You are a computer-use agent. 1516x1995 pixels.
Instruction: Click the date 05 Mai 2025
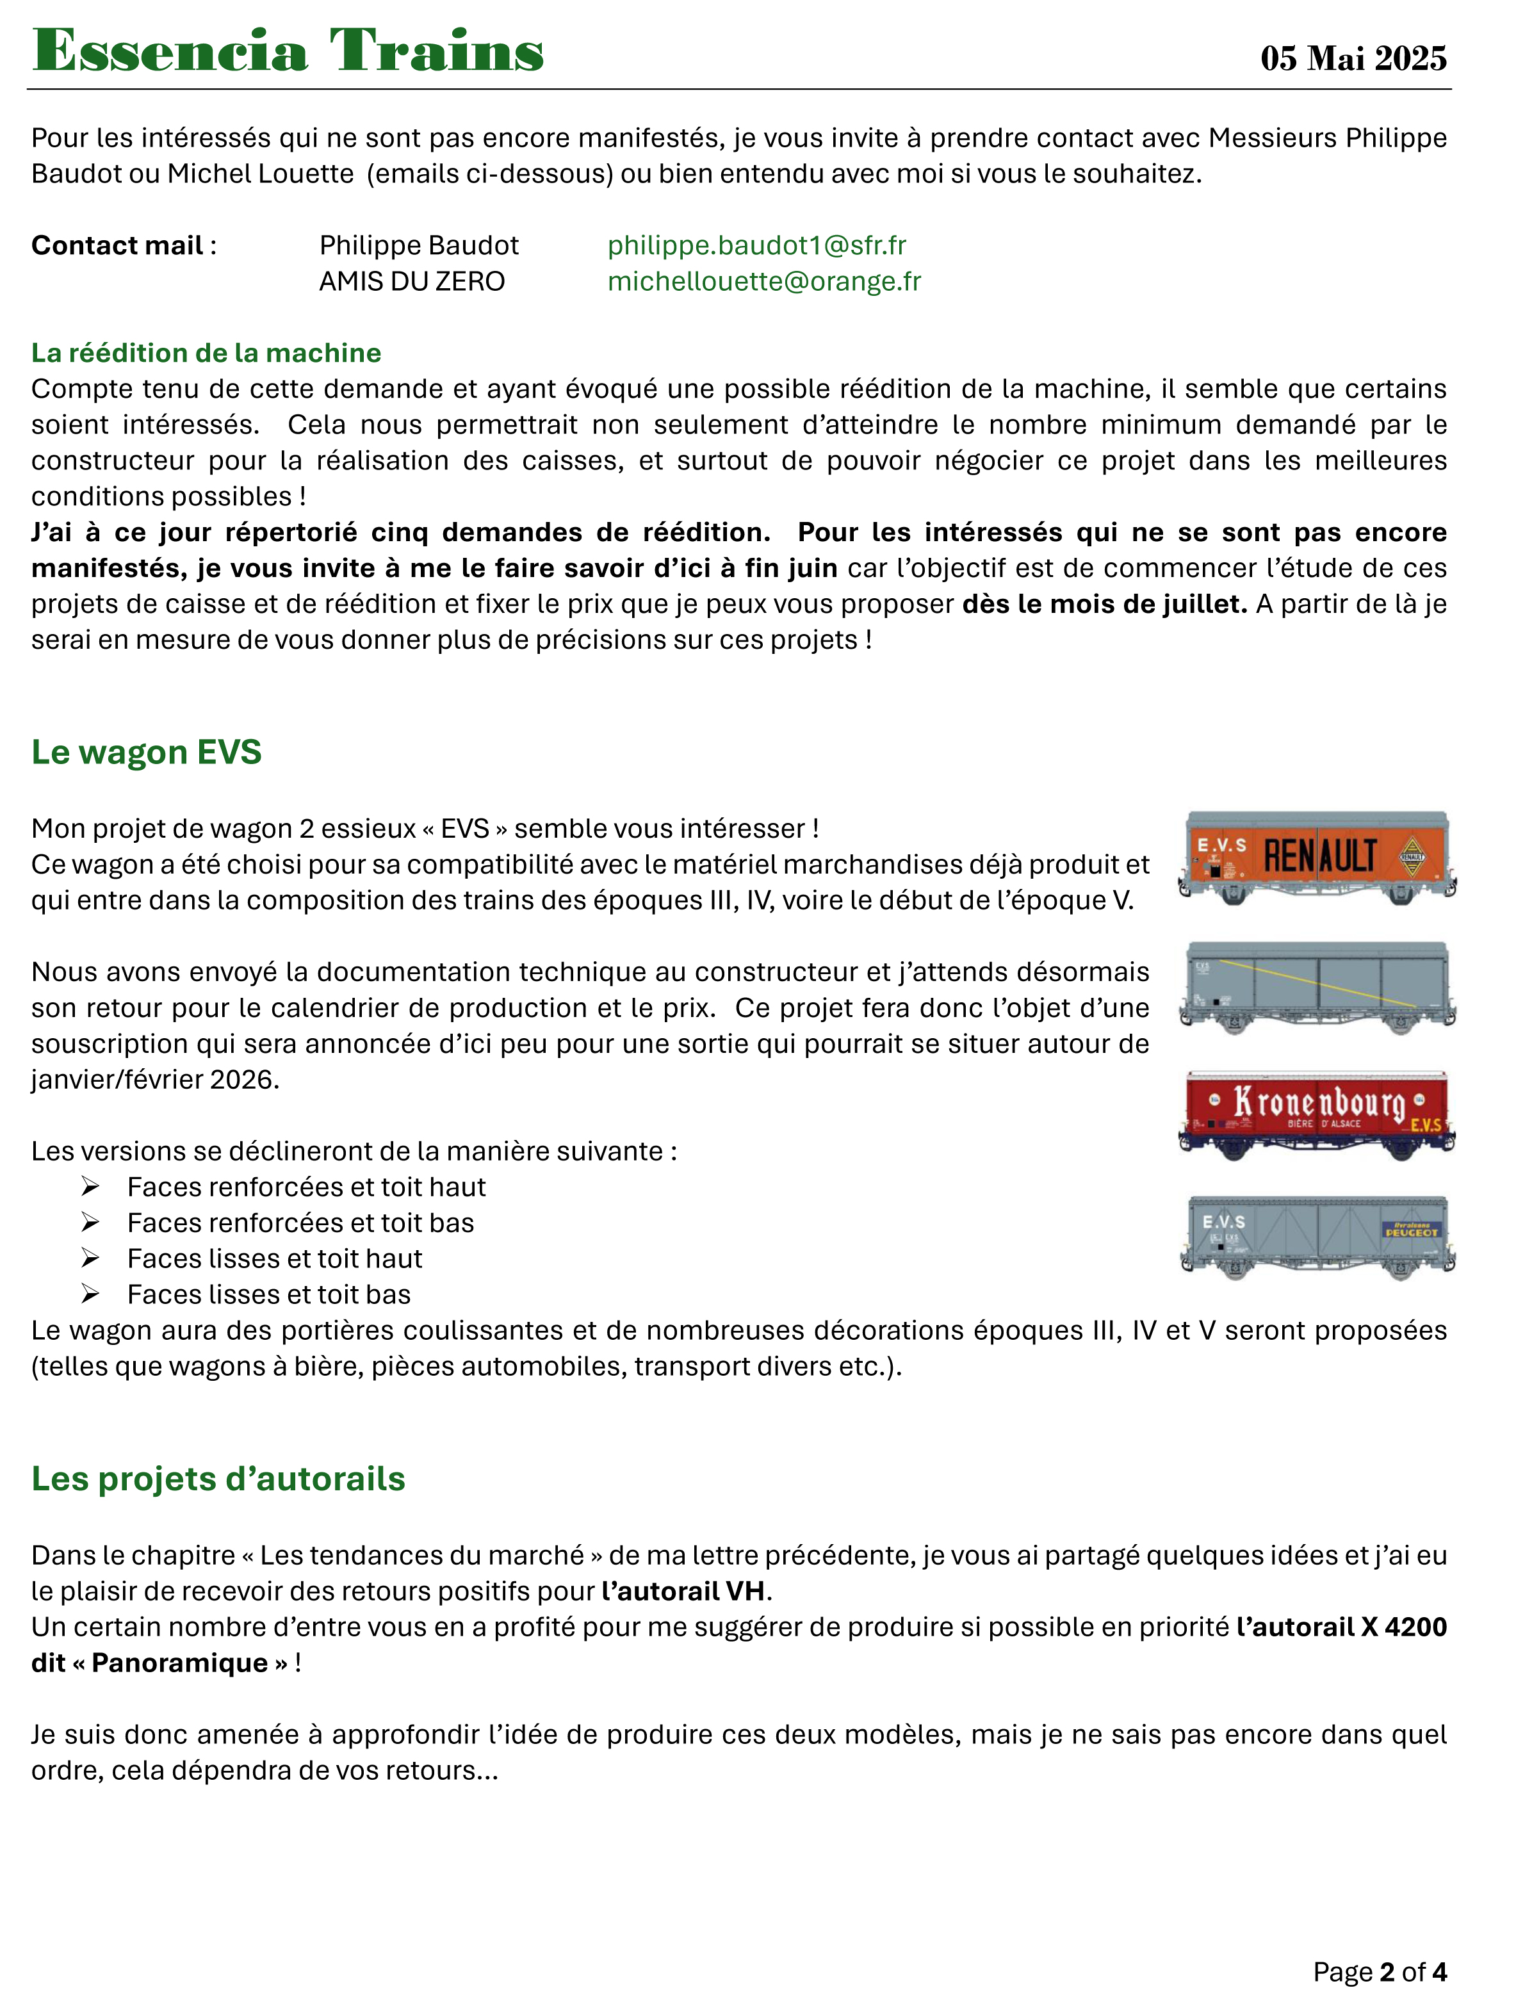[x=1353, y=59]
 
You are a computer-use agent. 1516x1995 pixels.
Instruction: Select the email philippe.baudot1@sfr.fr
[x=756, y=245]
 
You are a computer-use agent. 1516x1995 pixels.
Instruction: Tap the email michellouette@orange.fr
[x=763, y=282]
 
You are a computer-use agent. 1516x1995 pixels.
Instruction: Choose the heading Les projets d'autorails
[x=218, y=1479]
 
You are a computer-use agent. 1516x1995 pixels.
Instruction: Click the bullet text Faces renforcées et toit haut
[x=306, y=1187]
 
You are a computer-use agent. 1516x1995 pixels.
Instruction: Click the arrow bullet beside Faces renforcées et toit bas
[x=90, y=1223]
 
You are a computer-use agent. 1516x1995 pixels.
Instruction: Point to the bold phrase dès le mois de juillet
[x=1105, y=604]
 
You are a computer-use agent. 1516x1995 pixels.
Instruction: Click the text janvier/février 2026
[x=155, y=1080]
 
